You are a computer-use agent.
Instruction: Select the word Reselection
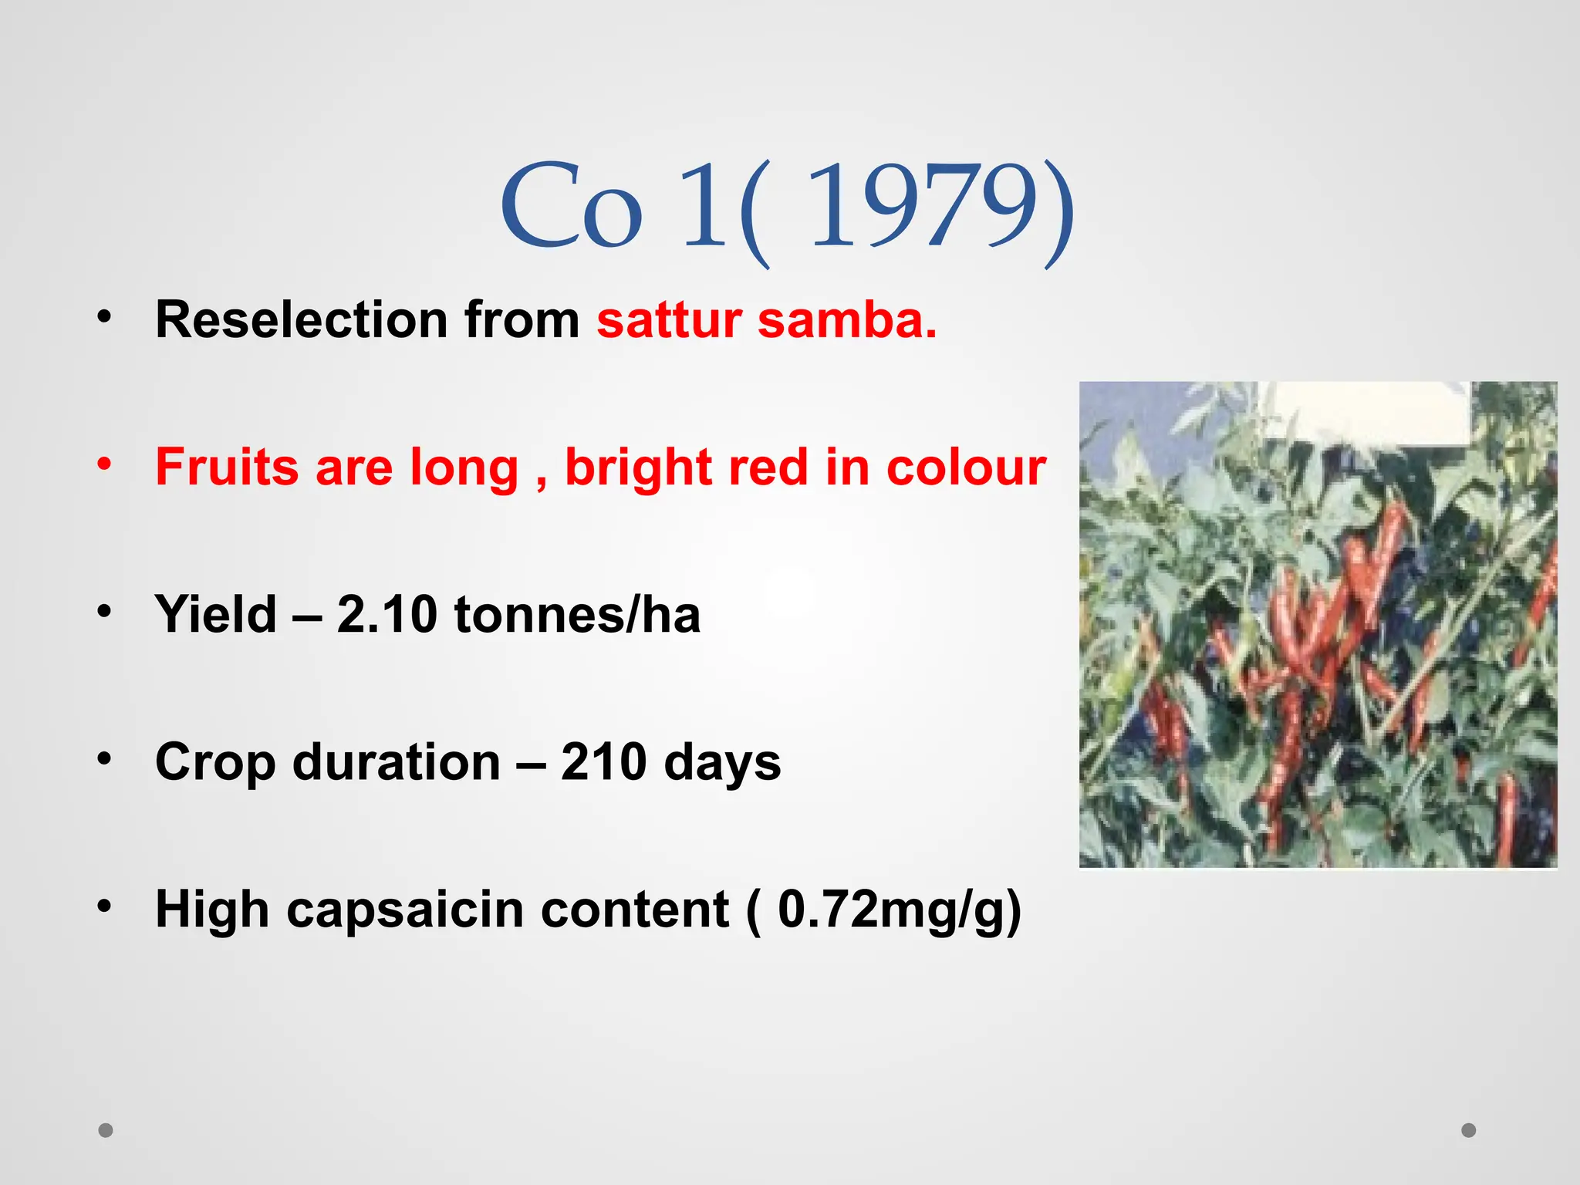click(302, 319)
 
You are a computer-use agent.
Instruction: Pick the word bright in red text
click(636, 468)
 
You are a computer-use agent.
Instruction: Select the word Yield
click(215, 614)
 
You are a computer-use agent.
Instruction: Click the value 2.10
click(387, 614)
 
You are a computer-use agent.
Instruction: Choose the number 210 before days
click(603, 761)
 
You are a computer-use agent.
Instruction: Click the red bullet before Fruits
click(105, 464)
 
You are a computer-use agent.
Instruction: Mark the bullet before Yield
click(105, 611)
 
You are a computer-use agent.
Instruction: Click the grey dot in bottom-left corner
click(106, 1130)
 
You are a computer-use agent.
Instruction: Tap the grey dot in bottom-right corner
click(1469, 1130)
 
